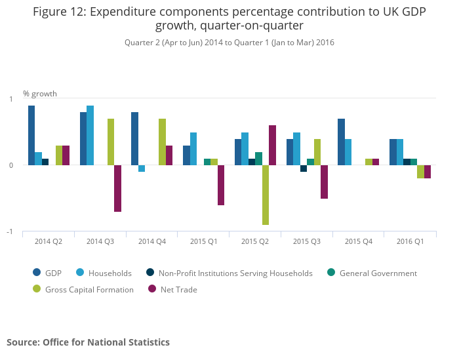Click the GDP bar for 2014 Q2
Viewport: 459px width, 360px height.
(31, 135)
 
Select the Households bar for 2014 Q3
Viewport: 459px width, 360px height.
(90, 135)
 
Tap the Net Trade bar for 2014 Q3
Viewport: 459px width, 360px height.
(117, 188)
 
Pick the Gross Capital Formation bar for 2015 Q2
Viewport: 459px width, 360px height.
(266, 195)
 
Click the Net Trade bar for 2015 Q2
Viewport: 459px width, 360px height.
(272, 145)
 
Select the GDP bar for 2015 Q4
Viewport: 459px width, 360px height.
(341, 142)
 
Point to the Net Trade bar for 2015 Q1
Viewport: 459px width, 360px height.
(221, 185)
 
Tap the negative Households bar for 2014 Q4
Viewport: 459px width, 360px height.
(142, 169)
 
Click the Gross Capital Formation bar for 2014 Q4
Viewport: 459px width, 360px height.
(162, 142)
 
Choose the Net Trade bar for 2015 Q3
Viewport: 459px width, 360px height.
(324, 182)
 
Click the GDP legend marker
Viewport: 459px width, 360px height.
(37, 273)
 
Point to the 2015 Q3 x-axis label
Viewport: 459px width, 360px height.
(307, 241)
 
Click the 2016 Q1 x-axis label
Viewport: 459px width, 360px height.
(410, 241)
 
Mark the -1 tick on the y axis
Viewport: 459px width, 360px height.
(11, 232)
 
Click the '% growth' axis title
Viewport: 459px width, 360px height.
(40, 93)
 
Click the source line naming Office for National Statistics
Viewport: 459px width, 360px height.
(88, 342)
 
